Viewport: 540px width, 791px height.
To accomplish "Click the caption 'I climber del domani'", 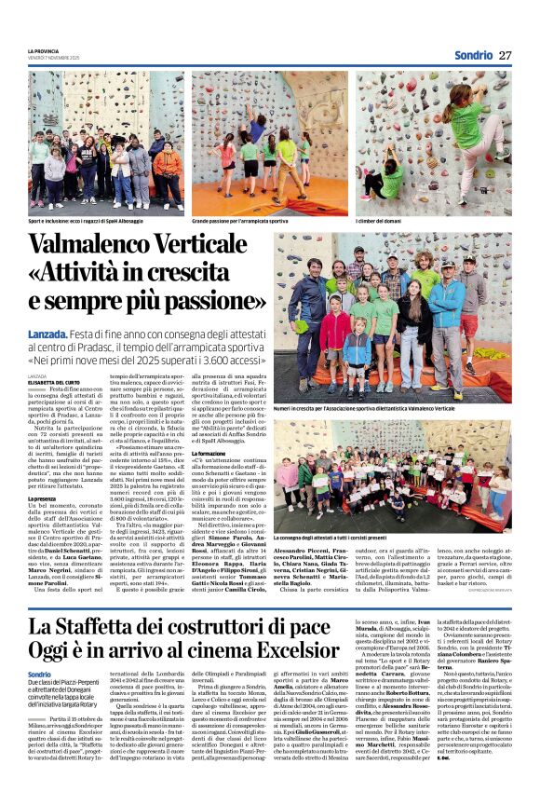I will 376,222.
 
